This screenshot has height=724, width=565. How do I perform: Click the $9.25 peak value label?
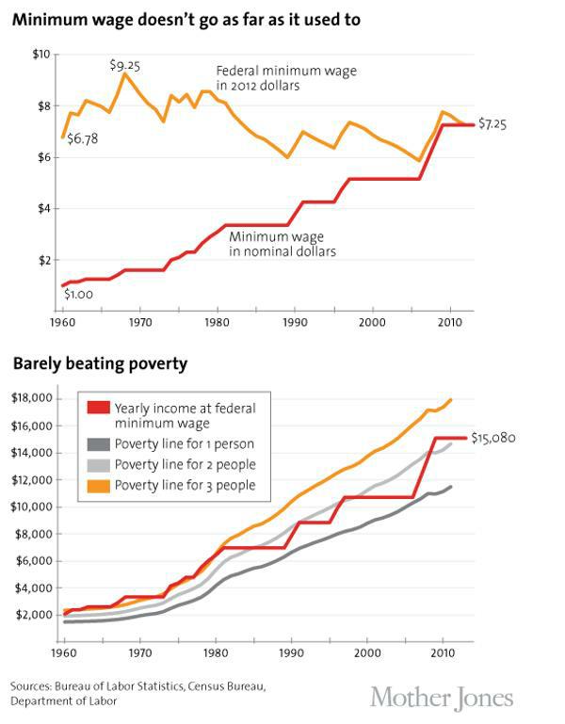click(124, 65)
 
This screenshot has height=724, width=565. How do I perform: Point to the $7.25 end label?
click(492, 123)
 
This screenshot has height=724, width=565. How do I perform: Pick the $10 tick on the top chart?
click(40, 55)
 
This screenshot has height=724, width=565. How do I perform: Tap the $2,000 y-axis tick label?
click(35, 615)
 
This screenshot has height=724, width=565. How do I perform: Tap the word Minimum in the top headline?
click(46, 18)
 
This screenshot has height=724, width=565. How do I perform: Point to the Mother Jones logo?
click(442, 698)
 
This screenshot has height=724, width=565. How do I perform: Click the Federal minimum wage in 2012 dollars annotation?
click(274, 77)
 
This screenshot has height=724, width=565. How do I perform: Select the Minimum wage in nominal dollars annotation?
click(282, 245)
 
